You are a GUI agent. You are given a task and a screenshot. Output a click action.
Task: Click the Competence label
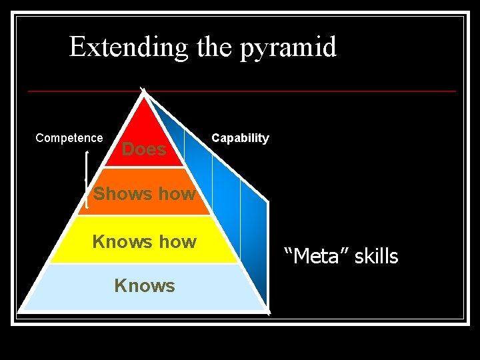pyautogui.click(x=69, y=138)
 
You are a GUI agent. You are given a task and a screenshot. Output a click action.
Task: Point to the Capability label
pyautogui.click(x=240, y=138)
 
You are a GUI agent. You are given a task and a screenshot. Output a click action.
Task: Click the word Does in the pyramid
pyautogui.click(x=144, y=149)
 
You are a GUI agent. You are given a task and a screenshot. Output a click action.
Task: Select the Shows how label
pyautogui.click(x=144, y=194)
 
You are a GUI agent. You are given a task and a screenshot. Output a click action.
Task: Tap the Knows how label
pyautogui.click(x=144, y=241)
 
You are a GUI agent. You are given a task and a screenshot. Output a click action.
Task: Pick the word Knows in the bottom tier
pyautogui.click(x=144, y=286)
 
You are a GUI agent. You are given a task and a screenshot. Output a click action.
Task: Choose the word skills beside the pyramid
pyautogui.click(x=376, y=256)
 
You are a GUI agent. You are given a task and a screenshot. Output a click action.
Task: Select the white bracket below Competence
pyautogui.click(x=87, y=180)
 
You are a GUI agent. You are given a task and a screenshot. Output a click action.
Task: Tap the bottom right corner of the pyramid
pyautogui.click(x=268, y=311)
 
